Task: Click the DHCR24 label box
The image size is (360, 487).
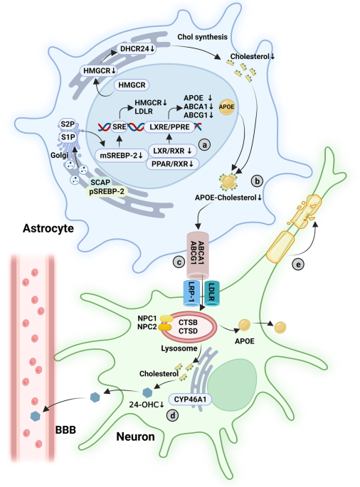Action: (x=137, y=49)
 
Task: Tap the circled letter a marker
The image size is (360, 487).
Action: (x=204, y=145)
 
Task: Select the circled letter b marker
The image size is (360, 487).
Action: (x=257, y=181)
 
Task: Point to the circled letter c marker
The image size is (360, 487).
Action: (x=179, y=262)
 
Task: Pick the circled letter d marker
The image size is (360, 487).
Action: (x=173, y=415)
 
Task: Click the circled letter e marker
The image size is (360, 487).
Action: (x=298, y=264)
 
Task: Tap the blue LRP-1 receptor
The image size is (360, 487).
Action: (x=191, y=293)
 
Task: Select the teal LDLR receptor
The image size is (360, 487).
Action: (x=211, y=293)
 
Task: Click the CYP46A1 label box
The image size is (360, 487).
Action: (x=190, y=399)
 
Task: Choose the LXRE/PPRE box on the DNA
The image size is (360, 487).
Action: (x=169, y=127)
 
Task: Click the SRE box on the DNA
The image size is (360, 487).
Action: (x=120, y=127)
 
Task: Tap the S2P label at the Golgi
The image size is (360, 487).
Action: (x=68, y=124)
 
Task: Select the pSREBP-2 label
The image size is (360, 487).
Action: (x=106, y=192)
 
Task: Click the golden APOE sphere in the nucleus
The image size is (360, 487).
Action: (x=227, y=107)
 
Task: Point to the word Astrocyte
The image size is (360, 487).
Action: (x=48, y=228)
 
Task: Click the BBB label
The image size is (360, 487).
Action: (x=65, y=430)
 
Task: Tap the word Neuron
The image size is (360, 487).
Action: (x=136, y=437)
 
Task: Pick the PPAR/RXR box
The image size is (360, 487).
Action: (x=172, y=164)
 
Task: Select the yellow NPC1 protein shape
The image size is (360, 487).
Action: (x=166, y=319)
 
